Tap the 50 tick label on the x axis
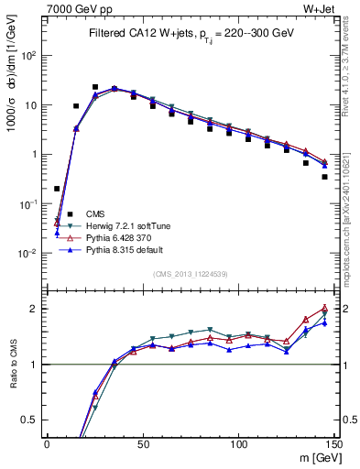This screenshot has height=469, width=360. (x=142, y=443)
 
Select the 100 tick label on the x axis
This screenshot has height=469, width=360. (x=238, y=443)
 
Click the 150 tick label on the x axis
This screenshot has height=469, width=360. (x=333, y=443)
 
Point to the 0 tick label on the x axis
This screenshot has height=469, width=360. (x=47, y=443)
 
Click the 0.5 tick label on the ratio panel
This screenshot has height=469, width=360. (x=29, y=420)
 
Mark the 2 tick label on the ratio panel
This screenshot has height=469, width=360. (x=35, y=309)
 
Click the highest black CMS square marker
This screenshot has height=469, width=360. (x=95, y=87)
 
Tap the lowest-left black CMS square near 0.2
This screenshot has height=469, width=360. (x=57, y=189)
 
